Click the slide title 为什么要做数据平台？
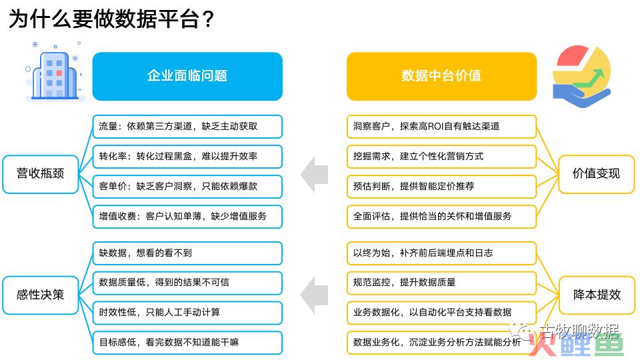coord(111,19)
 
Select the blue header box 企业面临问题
coord(187,76)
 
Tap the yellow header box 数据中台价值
coord(441,76)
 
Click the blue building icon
coord(54,75)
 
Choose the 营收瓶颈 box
coord(41,174)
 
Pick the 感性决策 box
coord(41,295)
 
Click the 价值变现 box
coord(596,174)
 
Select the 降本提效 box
coord(596,295)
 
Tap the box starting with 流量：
coord(187,127)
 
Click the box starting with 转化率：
coord(187,157)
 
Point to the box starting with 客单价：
coord(187,187)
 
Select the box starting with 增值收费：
coord(187,217)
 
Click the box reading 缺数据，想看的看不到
coord(187,253)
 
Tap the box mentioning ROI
coord(441,127)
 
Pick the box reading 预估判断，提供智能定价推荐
coord(441,187)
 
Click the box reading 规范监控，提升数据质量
coord(441,283)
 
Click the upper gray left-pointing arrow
coord(314,175)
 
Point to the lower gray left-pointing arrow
coord(314,295)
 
